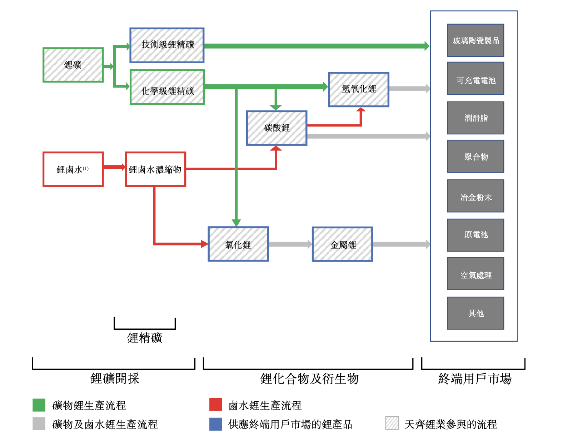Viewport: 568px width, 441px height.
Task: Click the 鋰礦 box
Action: click(73, 65)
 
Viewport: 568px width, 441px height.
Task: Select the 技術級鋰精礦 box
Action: click(167, 45)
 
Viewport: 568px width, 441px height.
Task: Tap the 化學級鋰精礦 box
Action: click(167, 87)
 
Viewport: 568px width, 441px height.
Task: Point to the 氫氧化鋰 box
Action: click(359, 89)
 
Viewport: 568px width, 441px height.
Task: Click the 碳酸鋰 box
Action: click(276, 128)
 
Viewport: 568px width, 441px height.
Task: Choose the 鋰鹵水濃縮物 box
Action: click(155, 169)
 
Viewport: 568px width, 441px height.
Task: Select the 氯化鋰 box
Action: click(238, 244)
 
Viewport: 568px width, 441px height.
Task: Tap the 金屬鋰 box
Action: click(342, 244)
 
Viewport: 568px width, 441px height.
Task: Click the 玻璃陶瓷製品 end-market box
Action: click(475, 40)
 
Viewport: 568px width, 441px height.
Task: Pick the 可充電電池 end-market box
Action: click(475, 78)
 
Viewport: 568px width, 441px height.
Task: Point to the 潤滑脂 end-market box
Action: click(475, 118)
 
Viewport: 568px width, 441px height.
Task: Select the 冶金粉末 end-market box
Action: click(475, 196)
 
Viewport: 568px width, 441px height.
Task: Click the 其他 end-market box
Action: click(475, 313)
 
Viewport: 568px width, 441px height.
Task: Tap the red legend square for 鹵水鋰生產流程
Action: click(216, 405)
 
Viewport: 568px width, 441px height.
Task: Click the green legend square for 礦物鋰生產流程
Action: click(39, 405)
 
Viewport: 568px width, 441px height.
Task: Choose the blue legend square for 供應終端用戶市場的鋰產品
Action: click(216, 424)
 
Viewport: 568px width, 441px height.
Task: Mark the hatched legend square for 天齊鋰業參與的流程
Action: click(392, 423)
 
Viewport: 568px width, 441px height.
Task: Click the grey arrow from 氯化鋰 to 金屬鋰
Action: click(290, 244)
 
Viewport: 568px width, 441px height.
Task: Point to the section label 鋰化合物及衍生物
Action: click(309, 378)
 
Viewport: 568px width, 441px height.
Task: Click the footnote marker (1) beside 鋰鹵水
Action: click(86, 168)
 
